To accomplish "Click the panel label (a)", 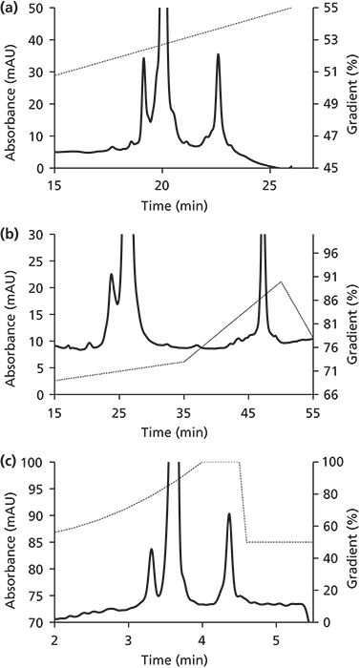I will pyautogui.click(x=12, y=9).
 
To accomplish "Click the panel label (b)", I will pyautogui.click(x=12, y=224).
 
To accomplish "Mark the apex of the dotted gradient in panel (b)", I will pyautogui.click(x=281, y=282).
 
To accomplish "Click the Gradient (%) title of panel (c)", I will pyautogui.click(x=349, y=541).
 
